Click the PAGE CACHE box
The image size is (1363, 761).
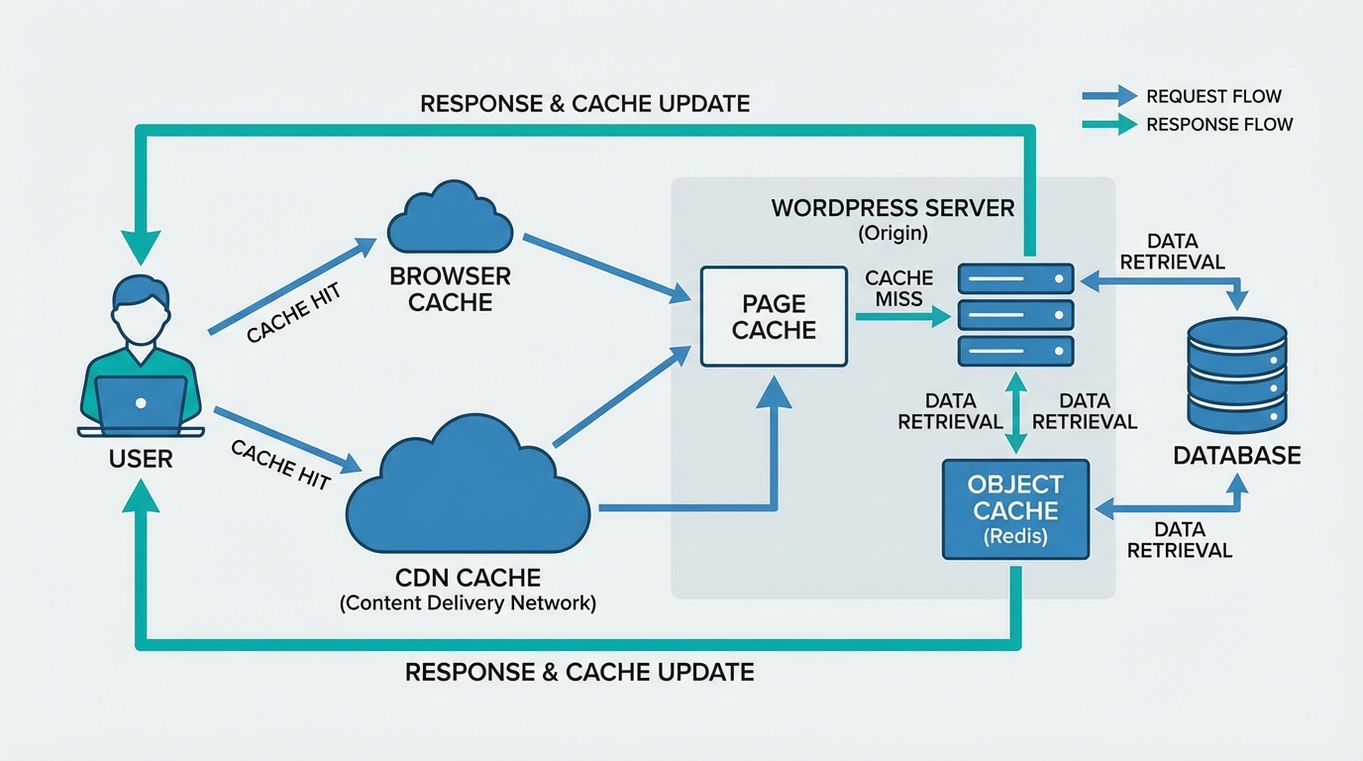[x=774, y=316]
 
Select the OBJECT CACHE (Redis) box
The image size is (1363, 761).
[x=1015, y=509]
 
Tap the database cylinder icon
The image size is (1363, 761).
[x=1236, y=375]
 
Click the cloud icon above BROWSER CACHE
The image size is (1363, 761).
[x=450, y=219]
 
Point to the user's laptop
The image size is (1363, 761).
[x=141, y=406]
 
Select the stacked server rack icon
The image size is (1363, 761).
[x=1015, y=315]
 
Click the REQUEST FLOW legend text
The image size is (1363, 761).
[x=1213, y=96]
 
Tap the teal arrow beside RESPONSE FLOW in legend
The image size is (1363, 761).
[x=1109, y=125]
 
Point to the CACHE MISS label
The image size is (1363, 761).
[x=898, y=288]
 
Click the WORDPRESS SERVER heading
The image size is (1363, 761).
[x=891, y=208]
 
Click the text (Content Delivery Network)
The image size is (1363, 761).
[x=468, y=603]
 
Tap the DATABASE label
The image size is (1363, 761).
[x=1236, y=456]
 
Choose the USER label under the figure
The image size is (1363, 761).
[x=141, y=459]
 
